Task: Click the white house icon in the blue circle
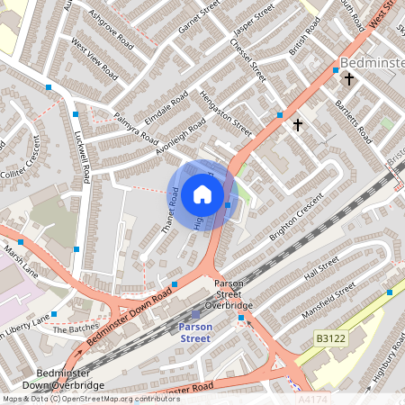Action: pos(202,193)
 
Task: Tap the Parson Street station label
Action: pos(194,332)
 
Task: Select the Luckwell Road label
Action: pos(85,157)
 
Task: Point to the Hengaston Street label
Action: pos(225,112)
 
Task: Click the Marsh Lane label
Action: pos(20,257)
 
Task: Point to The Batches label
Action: pos(73,329)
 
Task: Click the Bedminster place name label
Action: pos(372,62)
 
